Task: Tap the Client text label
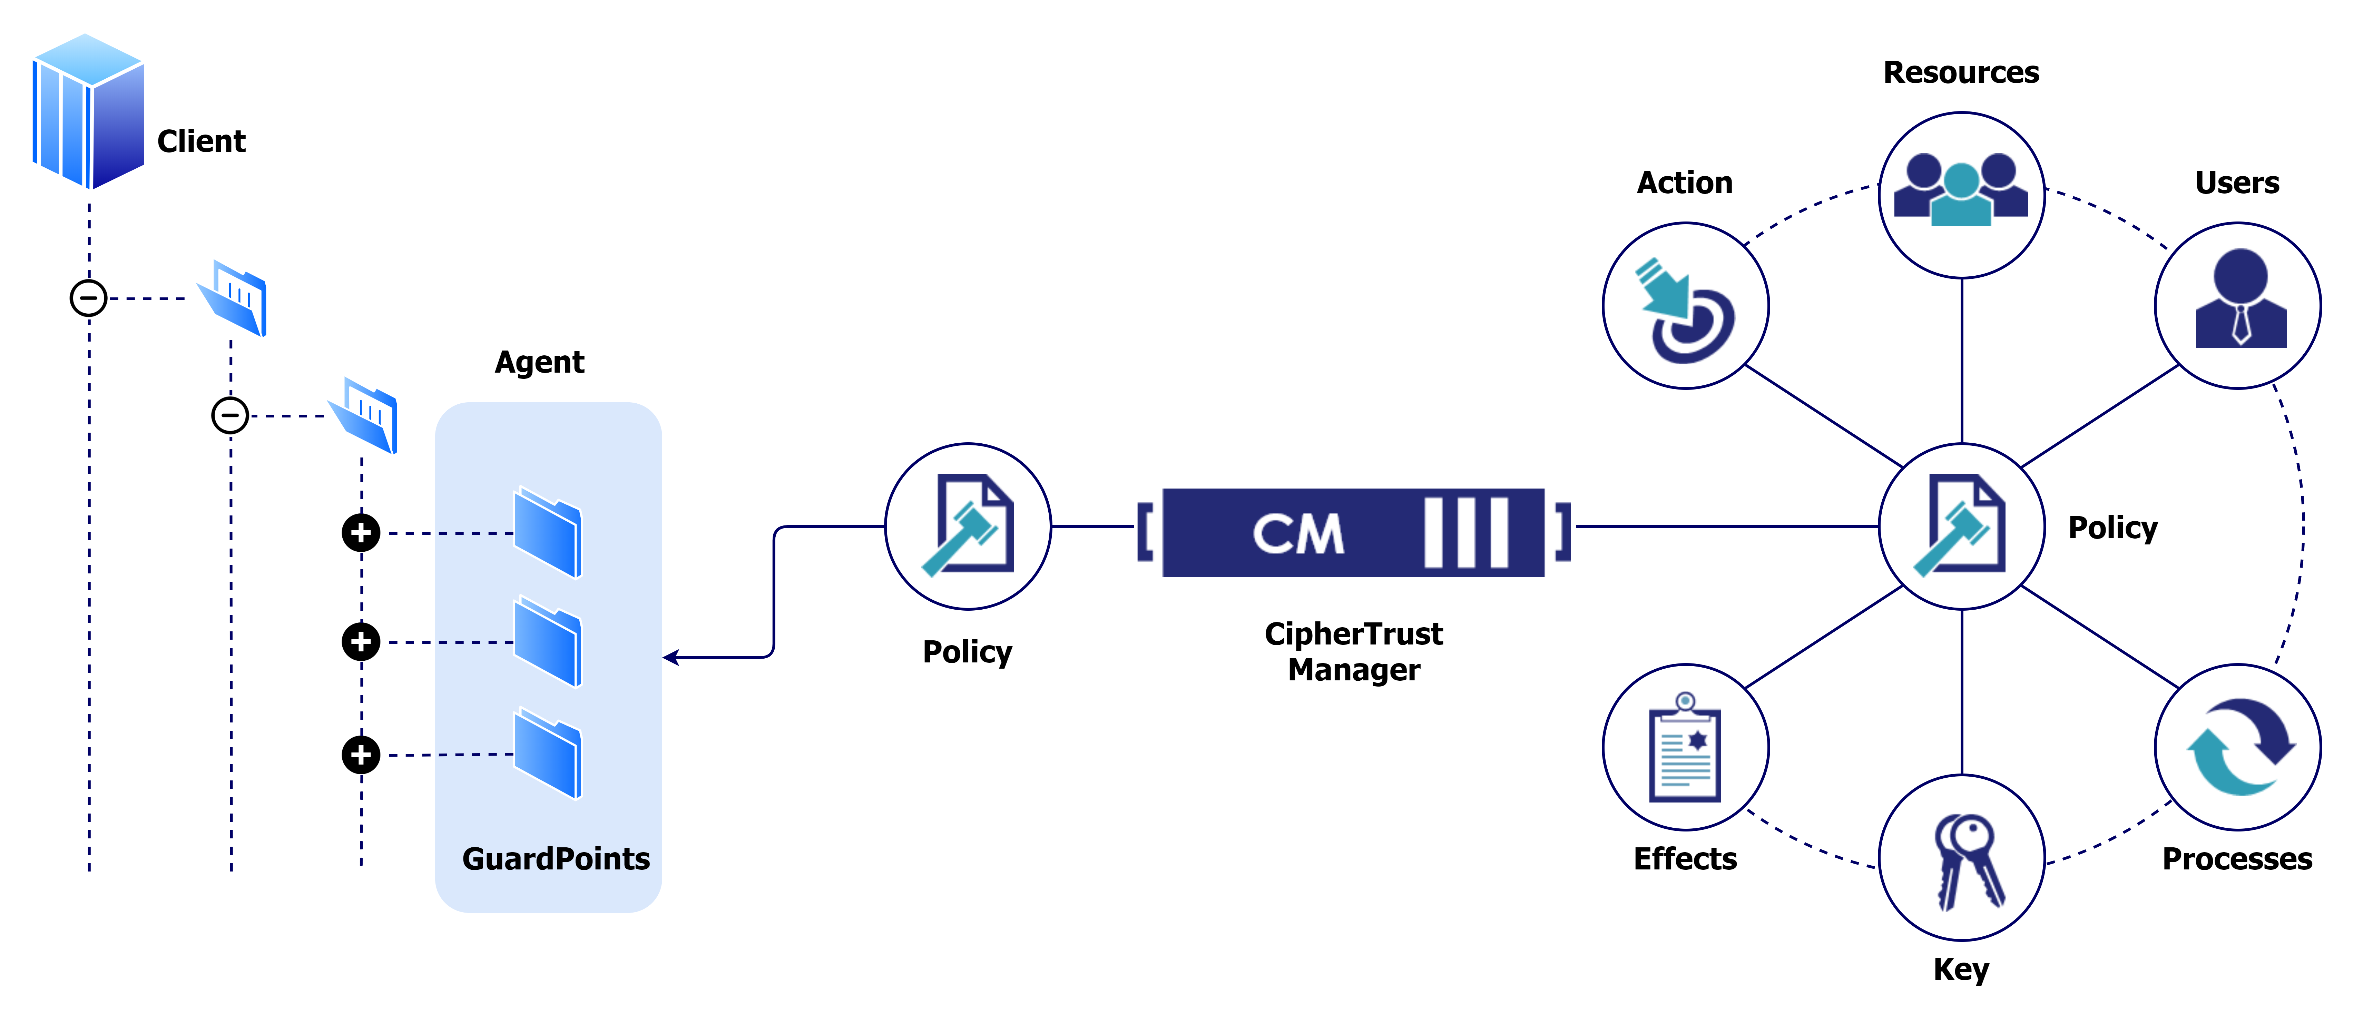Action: (x=201, y=141)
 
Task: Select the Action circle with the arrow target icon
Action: (x=1685, y=306)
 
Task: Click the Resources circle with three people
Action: (x=1961, y=195)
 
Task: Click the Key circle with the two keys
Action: (x=1961, y=857)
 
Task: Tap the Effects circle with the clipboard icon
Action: (x=1685, y=747)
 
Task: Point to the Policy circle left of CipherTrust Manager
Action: (x=968, y=527)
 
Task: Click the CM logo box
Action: (x=1353, y=532)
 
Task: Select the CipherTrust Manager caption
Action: (x=1353, y=651)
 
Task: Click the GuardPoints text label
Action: (x=556, y=859)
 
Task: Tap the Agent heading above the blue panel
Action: (x=539, y=363)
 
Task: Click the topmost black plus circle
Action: (x=361, y=532)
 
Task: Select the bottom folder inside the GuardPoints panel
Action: (x=548, y=754)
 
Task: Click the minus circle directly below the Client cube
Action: (x=89, y=298)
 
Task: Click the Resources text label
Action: (x=1961, y=72)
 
